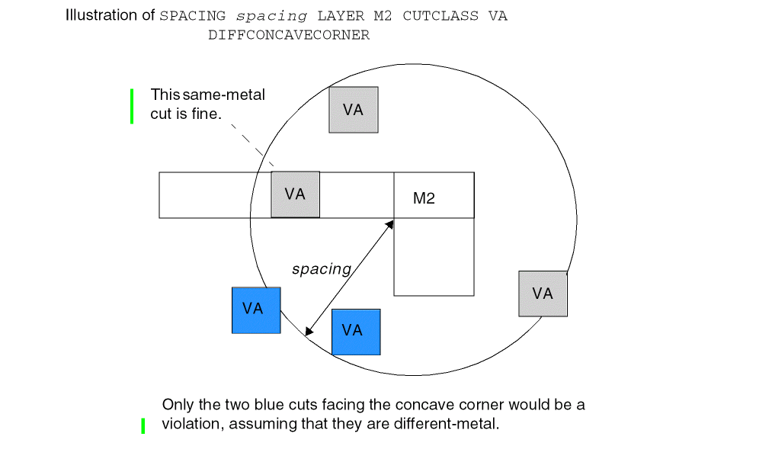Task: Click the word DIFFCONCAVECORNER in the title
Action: tap(288, 35)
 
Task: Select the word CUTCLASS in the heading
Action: tap(442, 16)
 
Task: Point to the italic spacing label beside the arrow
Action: tap(321, 269)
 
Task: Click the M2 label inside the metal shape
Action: tap(424, 199)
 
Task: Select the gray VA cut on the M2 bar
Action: tap(295, 194)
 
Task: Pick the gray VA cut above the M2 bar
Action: tap(353, 110)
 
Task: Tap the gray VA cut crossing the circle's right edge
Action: tap(543, 294)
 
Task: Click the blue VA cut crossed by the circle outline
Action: tap(256, 310)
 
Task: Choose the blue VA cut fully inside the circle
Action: tap(356, 332)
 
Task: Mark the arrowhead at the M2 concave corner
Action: tap(389, 224)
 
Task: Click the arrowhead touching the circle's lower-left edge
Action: tap(309, 331)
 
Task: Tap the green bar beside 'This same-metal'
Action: tap(132, 106)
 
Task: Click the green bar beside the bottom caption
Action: tap(143, 426)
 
